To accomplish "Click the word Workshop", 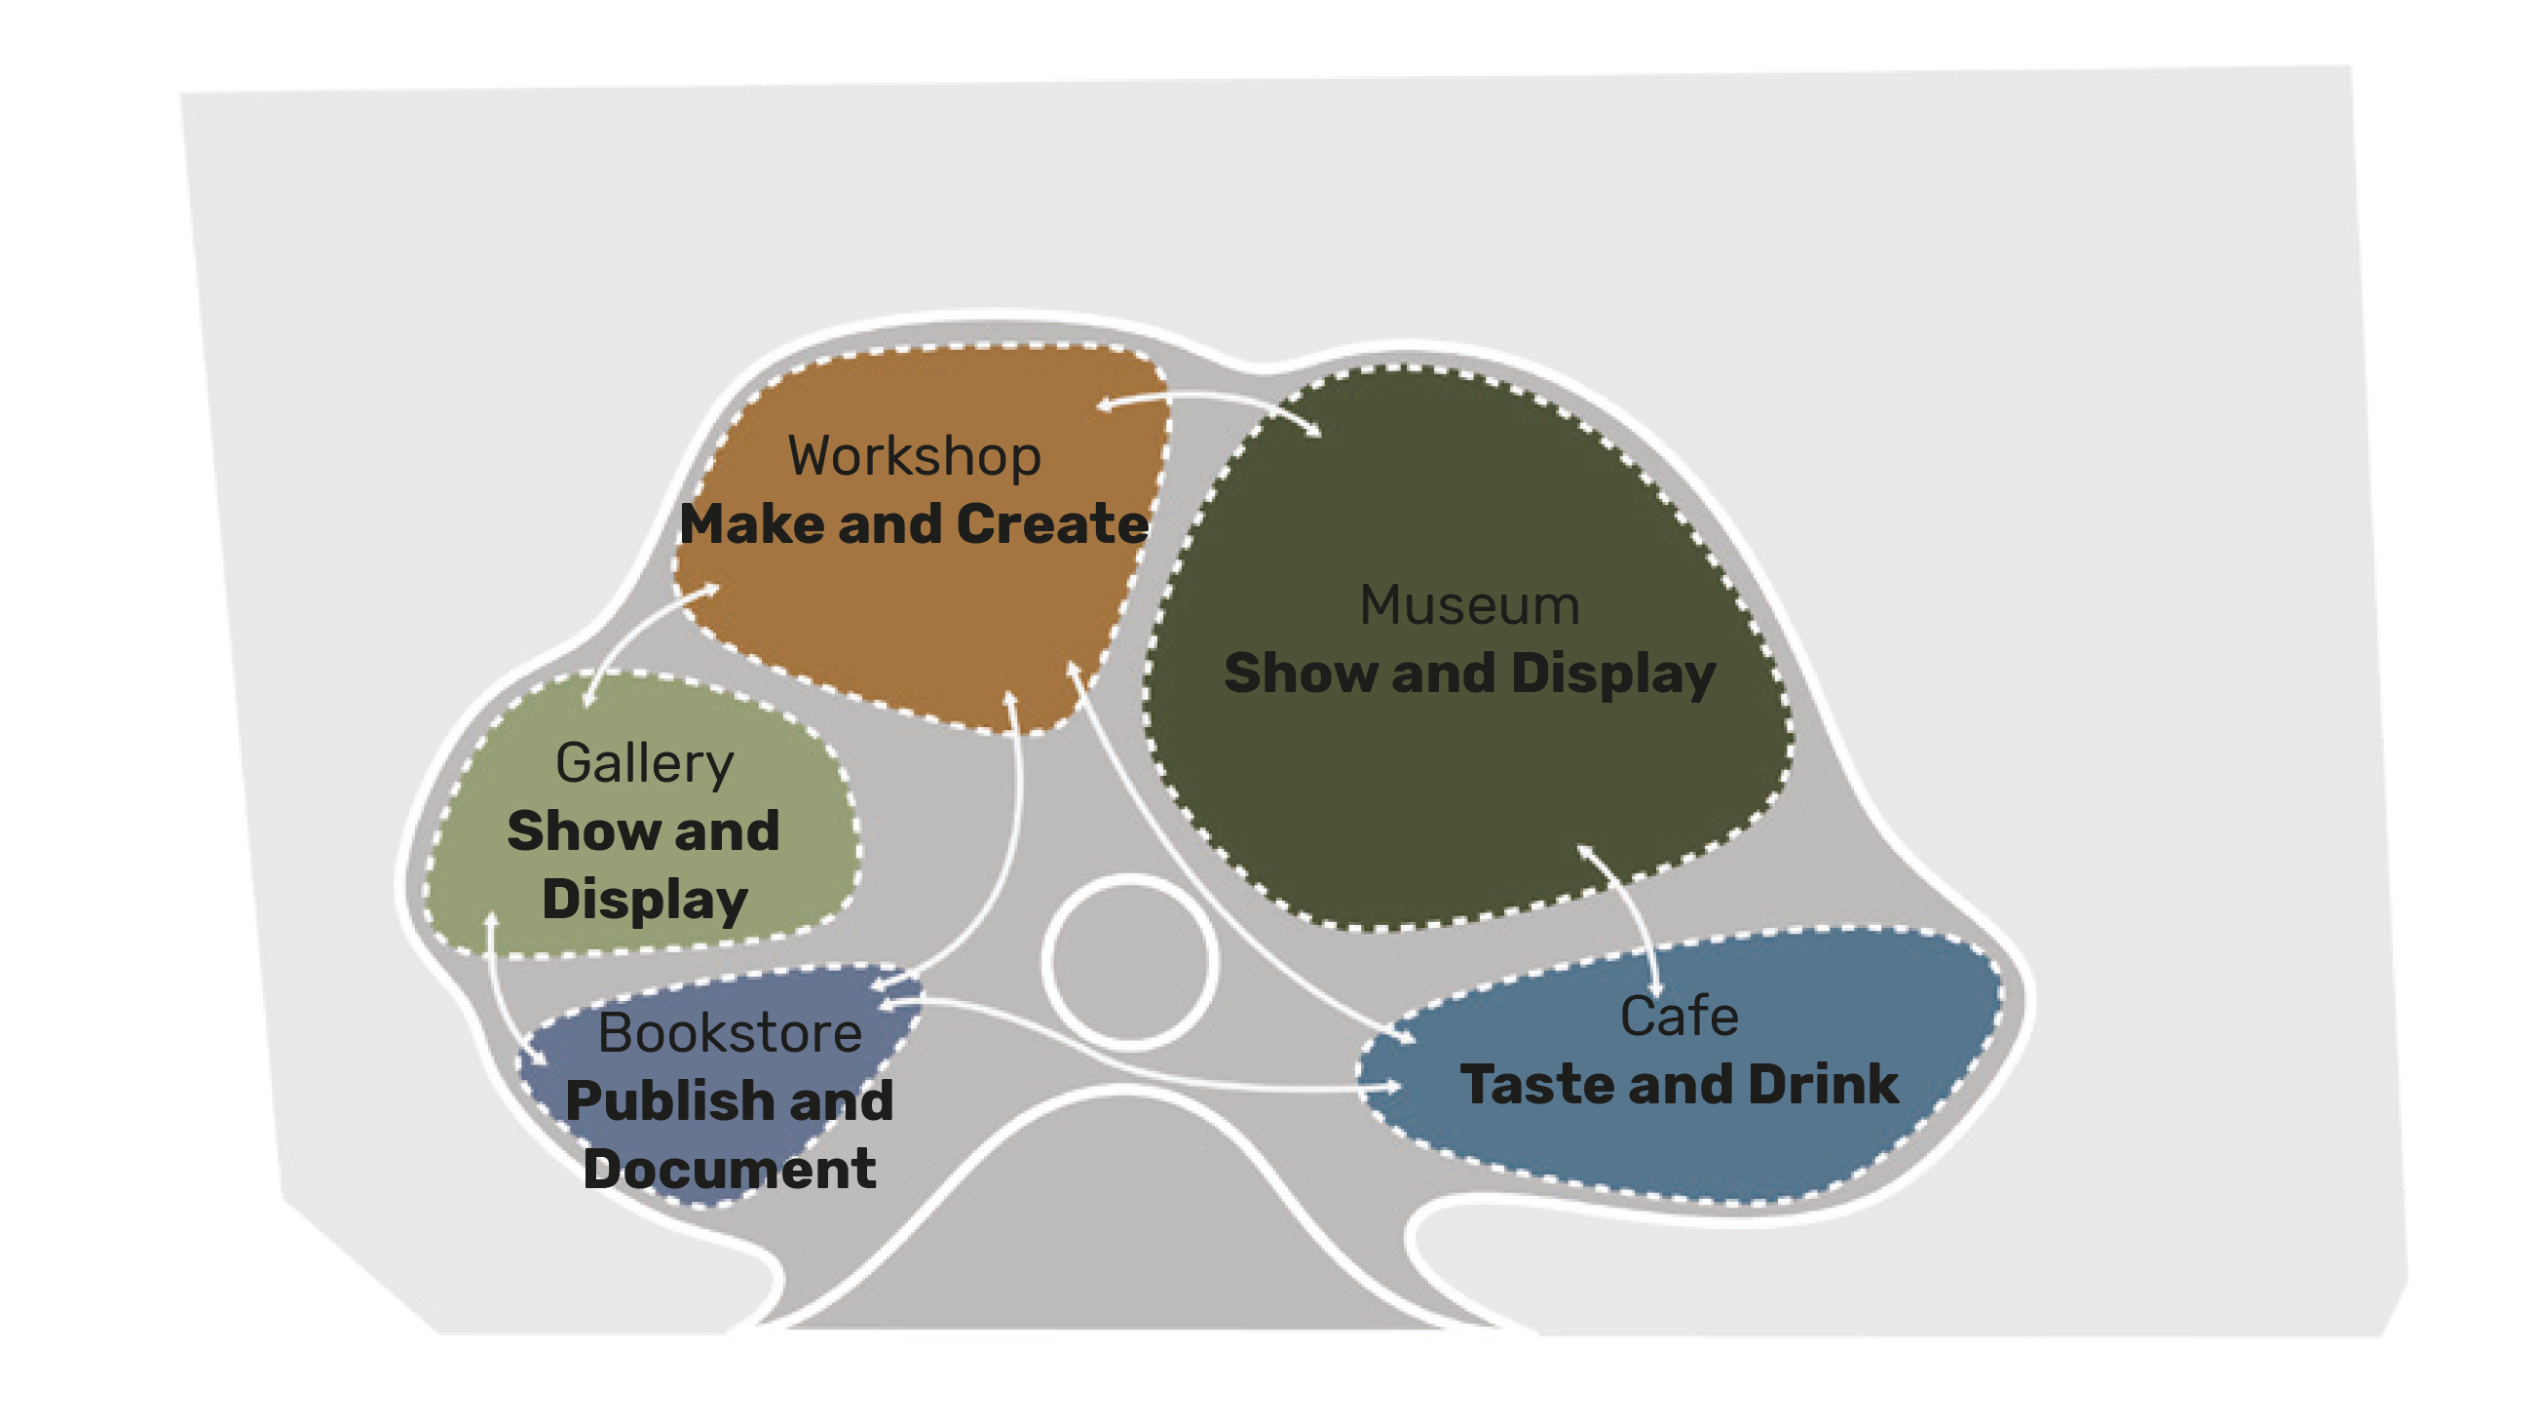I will (914, 456).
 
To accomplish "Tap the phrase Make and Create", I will (914, 524).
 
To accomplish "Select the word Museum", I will (1469, 605).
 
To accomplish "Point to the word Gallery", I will (645, 763).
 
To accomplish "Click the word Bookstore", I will (731, 1032).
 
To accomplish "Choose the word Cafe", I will (1679, 1016).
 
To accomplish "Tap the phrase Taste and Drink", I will (1679, 1085).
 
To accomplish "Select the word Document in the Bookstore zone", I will (730, 1170).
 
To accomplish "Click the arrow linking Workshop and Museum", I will (1209, 399).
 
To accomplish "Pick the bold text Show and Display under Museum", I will (1469, 674).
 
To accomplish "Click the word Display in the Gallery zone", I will (645, 900).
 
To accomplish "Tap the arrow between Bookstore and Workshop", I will (1012, 836).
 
